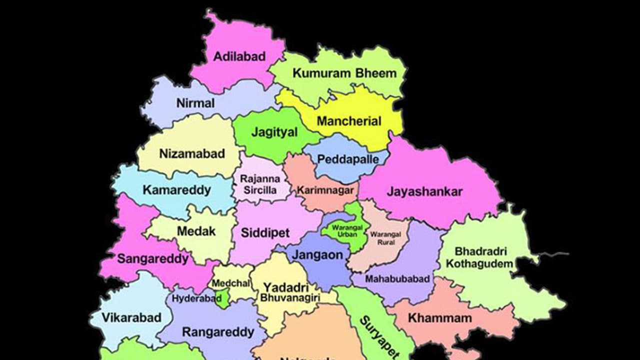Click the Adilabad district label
click(239, 56)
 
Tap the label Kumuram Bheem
click(344, 73)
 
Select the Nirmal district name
click(195, 103)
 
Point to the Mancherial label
click(349, 121)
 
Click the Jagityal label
click(274, 132)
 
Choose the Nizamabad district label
click(192, 153)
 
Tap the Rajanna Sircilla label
click(260, 184)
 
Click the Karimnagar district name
click(325, 190)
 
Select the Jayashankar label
click(424, 191)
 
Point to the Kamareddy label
click(176, 190)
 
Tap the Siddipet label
click(265, 232)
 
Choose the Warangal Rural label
click(382, 237)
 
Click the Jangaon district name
click(317, 254)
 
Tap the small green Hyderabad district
click(223, 299)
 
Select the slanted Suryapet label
click(373, 336)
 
